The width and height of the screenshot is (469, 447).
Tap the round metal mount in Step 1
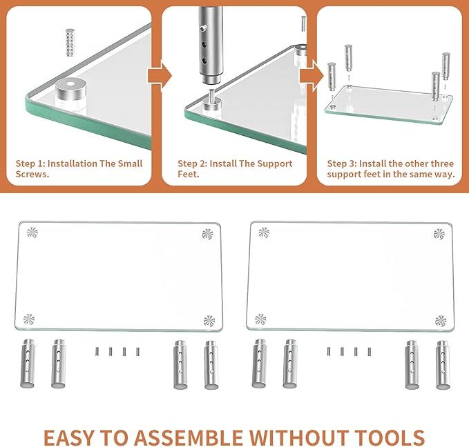click(x=67, y=94)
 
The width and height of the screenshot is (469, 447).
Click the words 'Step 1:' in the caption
click(x=30, y=163)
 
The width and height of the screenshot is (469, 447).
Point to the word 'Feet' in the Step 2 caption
click(x=189, y=175)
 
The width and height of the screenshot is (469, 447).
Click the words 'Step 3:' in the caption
click(x=342, y=163)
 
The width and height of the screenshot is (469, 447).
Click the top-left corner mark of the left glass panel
click(x=32, y=233)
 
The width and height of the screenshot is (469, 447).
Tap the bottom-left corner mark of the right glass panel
click(x=260, y=319)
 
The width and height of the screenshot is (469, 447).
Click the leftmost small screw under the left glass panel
click(x=97, y=351)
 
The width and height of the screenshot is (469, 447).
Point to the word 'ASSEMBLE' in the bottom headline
click(x=190, y=437)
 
